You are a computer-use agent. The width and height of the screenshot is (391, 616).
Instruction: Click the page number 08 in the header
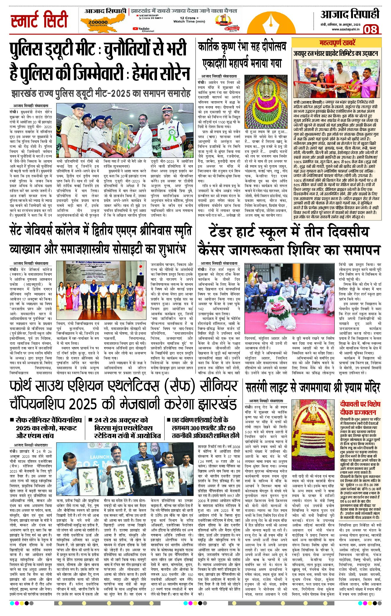[x=371, y=29]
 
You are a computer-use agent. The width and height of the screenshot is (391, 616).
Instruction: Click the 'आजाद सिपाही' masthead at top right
[x=350, y=14]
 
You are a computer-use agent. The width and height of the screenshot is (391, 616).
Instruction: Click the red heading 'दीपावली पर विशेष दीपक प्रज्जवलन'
[x=360, y=408]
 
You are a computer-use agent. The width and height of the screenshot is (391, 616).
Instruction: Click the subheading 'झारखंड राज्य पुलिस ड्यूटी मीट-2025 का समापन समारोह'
[x=100, y=94]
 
